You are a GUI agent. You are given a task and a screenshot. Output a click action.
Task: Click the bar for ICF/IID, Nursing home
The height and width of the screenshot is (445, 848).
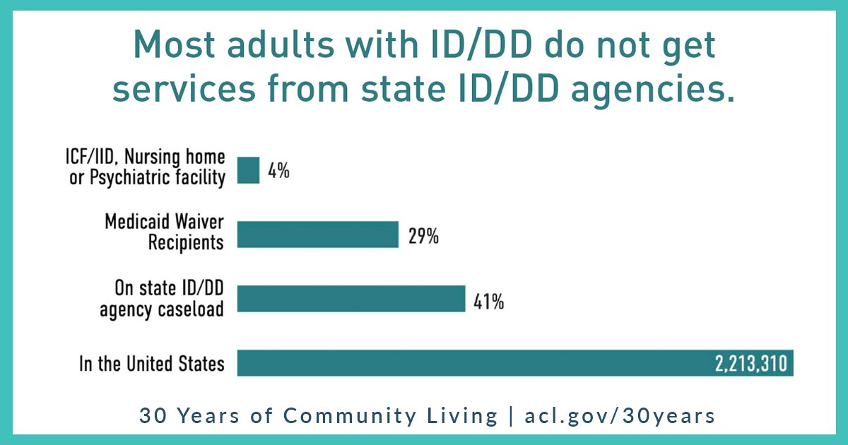pyautogui.click(x=248, y=170)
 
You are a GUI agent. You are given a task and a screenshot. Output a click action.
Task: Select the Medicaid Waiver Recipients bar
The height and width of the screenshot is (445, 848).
pyautogui.click(x=317, y=235)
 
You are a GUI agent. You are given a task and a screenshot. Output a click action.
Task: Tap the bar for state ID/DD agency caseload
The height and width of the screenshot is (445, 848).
pyautogui.click(x=351, y=299)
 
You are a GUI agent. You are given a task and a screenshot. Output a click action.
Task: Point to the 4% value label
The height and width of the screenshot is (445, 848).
pyautogui.click(x=278, y=171)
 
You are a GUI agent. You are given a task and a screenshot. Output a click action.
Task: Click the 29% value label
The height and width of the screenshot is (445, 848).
pyautogui.click(x=423, y=236)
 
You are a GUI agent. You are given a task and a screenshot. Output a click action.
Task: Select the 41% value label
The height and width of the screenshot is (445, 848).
pyautogui.click(x=488, y=301)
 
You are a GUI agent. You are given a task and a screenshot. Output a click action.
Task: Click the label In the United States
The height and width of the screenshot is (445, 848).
pyautogui.click(x=152, y=364)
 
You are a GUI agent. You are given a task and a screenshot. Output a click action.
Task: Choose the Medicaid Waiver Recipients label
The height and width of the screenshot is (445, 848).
pyautogui.click(x=165, y=232)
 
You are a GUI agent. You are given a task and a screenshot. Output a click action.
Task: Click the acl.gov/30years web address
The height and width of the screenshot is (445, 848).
pyautogui.click(x=620, y=415)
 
